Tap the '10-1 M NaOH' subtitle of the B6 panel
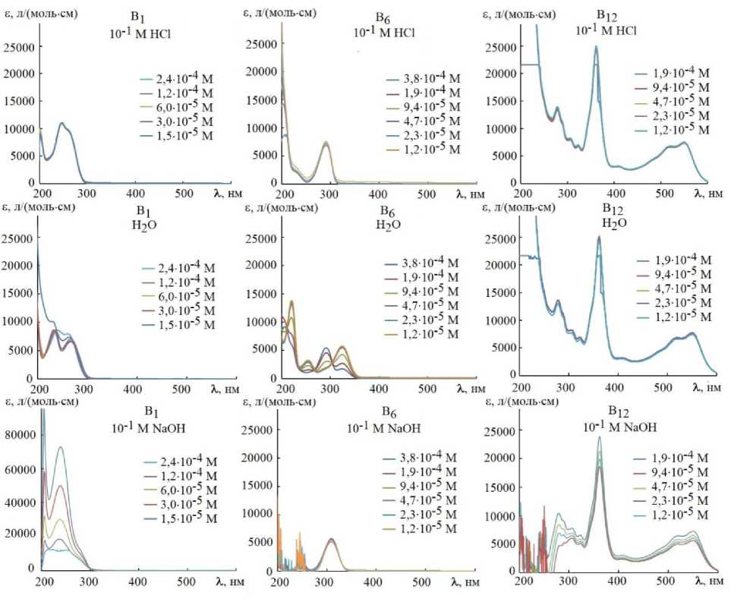389,427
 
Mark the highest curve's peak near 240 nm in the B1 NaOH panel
59,447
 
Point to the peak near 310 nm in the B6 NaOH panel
331,540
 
